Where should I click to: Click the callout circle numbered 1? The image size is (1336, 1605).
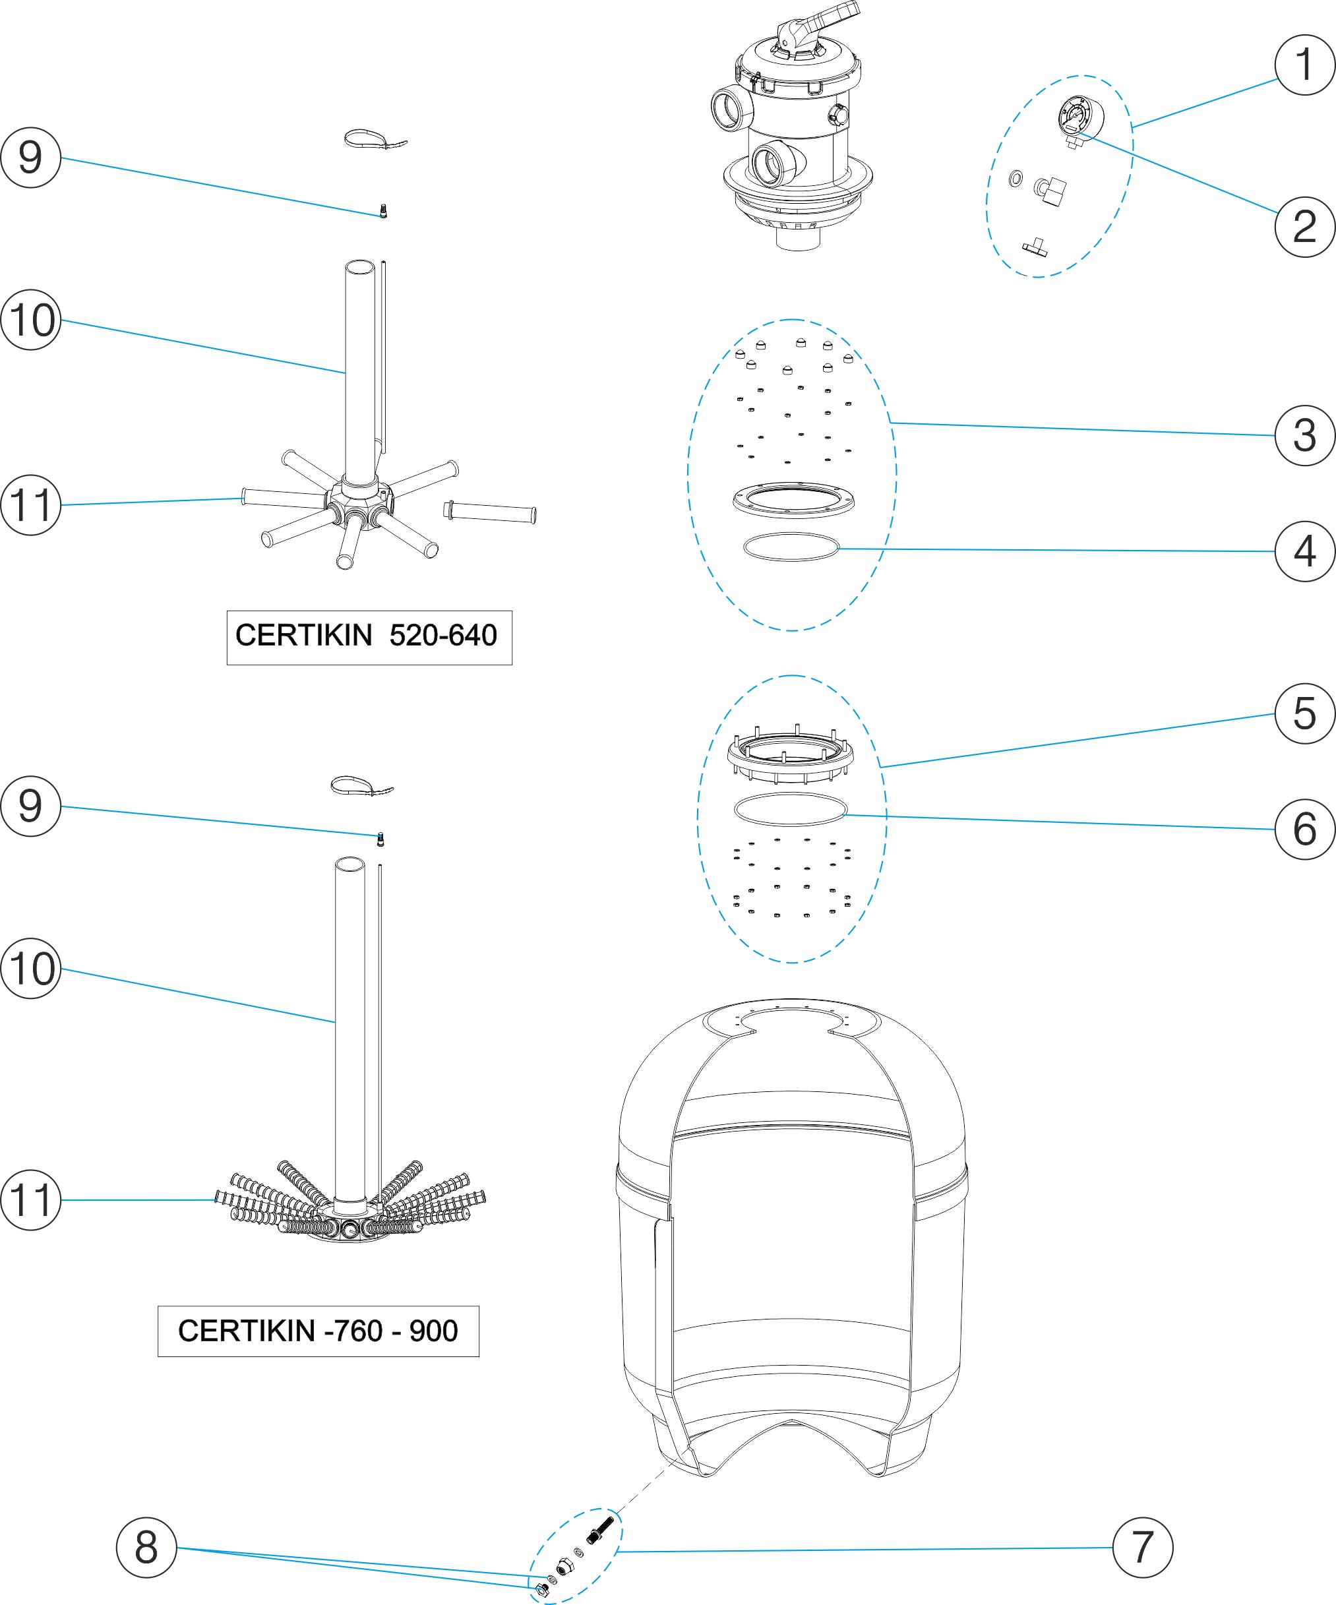coord(1304,65)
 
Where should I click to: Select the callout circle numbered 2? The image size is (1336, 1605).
coord(1304,227)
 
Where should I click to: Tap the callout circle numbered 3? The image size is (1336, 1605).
coord(1304,436)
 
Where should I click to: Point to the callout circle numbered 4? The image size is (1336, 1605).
coord(1304,552)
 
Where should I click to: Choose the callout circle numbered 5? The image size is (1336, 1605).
coord(1304,714)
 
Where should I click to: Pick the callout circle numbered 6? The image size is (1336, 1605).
coord(1304,830)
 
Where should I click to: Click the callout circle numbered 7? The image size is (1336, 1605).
coord(1142,1548)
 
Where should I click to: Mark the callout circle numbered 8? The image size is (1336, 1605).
coord(146,1548)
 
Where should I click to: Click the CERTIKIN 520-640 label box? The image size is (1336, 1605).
coord(369,638)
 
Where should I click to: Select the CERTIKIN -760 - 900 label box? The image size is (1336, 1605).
coord(318,1331)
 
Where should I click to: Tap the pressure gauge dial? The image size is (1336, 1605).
coord(1076,116)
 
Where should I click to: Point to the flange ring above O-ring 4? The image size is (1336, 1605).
coord(793,500)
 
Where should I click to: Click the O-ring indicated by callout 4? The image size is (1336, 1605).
coord(791,547)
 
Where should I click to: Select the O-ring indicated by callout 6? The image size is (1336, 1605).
coord(790,809)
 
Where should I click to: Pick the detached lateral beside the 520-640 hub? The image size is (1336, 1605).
coord(490,512)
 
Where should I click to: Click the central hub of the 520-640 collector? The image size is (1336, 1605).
coord(359,502)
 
